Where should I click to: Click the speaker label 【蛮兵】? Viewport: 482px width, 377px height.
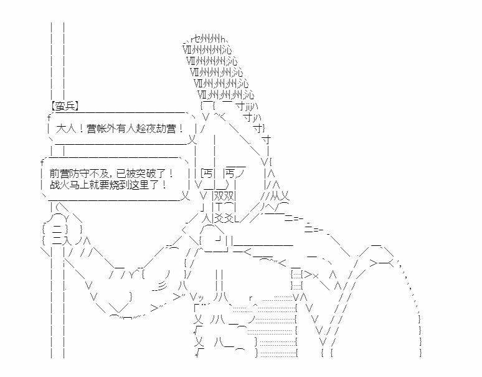click(x=65, y=106)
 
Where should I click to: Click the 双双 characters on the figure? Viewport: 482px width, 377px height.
click(x=224, y=196)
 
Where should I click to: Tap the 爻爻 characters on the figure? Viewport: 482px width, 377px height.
click(x=224, y=218)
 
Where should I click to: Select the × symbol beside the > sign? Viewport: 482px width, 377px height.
click(x=315, y=275)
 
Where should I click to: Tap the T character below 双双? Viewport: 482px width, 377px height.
click(x=218, y=207)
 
